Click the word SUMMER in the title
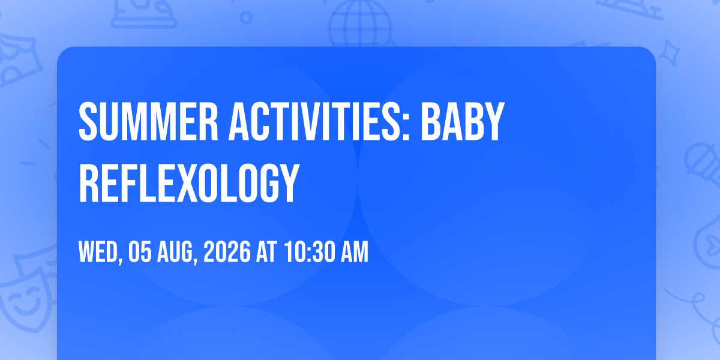click(149, 121)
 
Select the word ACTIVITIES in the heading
click(316, 121)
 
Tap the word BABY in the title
click(463, 121)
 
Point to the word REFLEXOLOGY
click(189, 182)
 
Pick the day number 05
click(140, 252)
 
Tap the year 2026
click(227, 252)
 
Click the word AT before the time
click(266, 252)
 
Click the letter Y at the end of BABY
click(494, 121)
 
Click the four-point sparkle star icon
click(670, 53)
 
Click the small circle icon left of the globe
click(246, 17)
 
